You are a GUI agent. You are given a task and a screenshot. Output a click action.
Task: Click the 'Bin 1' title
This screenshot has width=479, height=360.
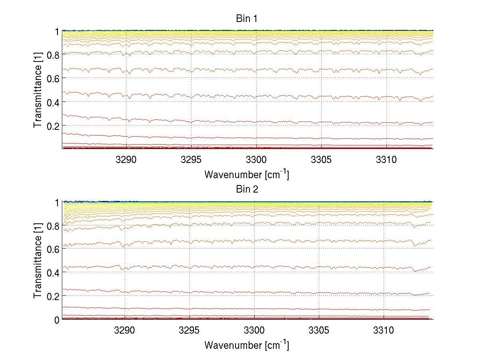(x=247, y=18)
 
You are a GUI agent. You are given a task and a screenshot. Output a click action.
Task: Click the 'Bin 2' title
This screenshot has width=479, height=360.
(x=247, y=189)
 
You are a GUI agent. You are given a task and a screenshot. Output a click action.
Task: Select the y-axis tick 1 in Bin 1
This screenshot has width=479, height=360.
(x=57, y=31)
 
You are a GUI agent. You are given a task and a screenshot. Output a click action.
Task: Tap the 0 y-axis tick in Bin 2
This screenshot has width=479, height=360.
(x=57, y=320)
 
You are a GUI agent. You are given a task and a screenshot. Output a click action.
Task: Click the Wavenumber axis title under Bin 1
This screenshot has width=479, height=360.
(x=247, y=175)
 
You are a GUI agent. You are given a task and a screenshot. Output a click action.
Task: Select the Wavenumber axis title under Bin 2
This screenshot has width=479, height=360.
(x=247, y=345)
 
